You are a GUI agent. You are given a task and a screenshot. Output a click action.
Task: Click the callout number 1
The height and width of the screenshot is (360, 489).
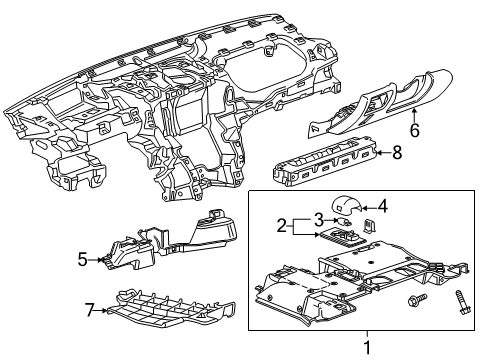[365, 347]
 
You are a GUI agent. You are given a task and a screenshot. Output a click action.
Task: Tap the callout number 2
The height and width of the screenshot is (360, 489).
[282, 225]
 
